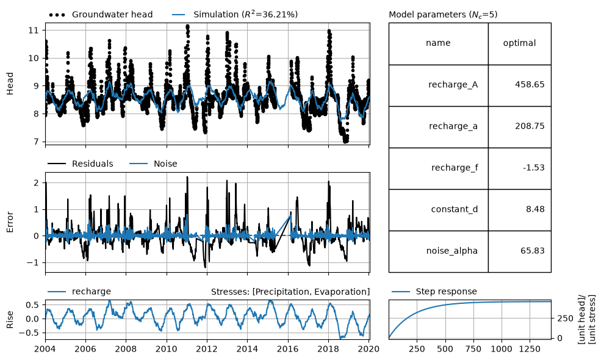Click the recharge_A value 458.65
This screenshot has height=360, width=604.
point(530,84)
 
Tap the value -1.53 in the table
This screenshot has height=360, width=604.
point(533,168)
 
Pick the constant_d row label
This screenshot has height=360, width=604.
point(454,209)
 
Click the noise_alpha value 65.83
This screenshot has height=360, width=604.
point(533,251)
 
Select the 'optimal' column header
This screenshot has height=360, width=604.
point(519,43)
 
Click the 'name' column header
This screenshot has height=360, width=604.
point(438,43)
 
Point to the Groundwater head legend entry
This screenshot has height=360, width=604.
point(101,15)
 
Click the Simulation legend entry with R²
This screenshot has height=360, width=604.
point(235,15)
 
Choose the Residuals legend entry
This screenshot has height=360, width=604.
point(81,164)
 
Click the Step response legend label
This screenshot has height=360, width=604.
point(434,292)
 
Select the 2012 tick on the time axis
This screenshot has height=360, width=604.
point(207,349)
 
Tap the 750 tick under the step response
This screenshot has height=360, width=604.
point(473,349)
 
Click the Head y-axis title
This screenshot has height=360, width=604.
point(10,83)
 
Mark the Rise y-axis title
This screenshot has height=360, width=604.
point(10,320)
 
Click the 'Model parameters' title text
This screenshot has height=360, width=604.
point(443,15)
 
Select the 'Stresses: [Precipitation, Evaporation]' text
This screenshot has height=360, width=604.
point(290,292)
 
